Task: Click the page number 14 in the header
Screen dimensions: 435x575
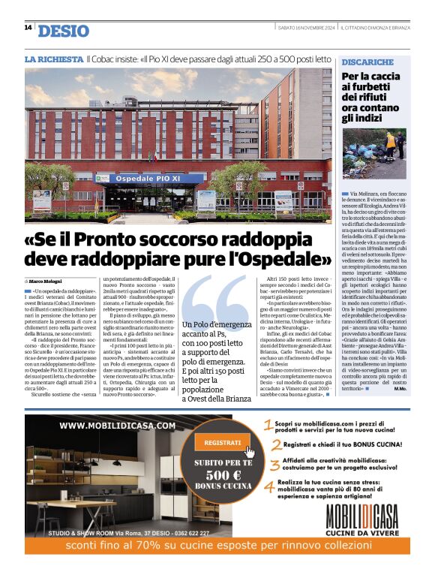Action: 28,28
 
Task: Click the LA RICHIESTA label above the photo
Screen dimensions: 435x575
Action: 54,59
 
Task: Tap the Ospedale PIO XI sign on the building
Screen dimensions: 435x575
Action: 133,179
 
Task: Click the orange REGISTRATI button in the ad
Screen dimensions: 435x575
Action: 222,443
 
